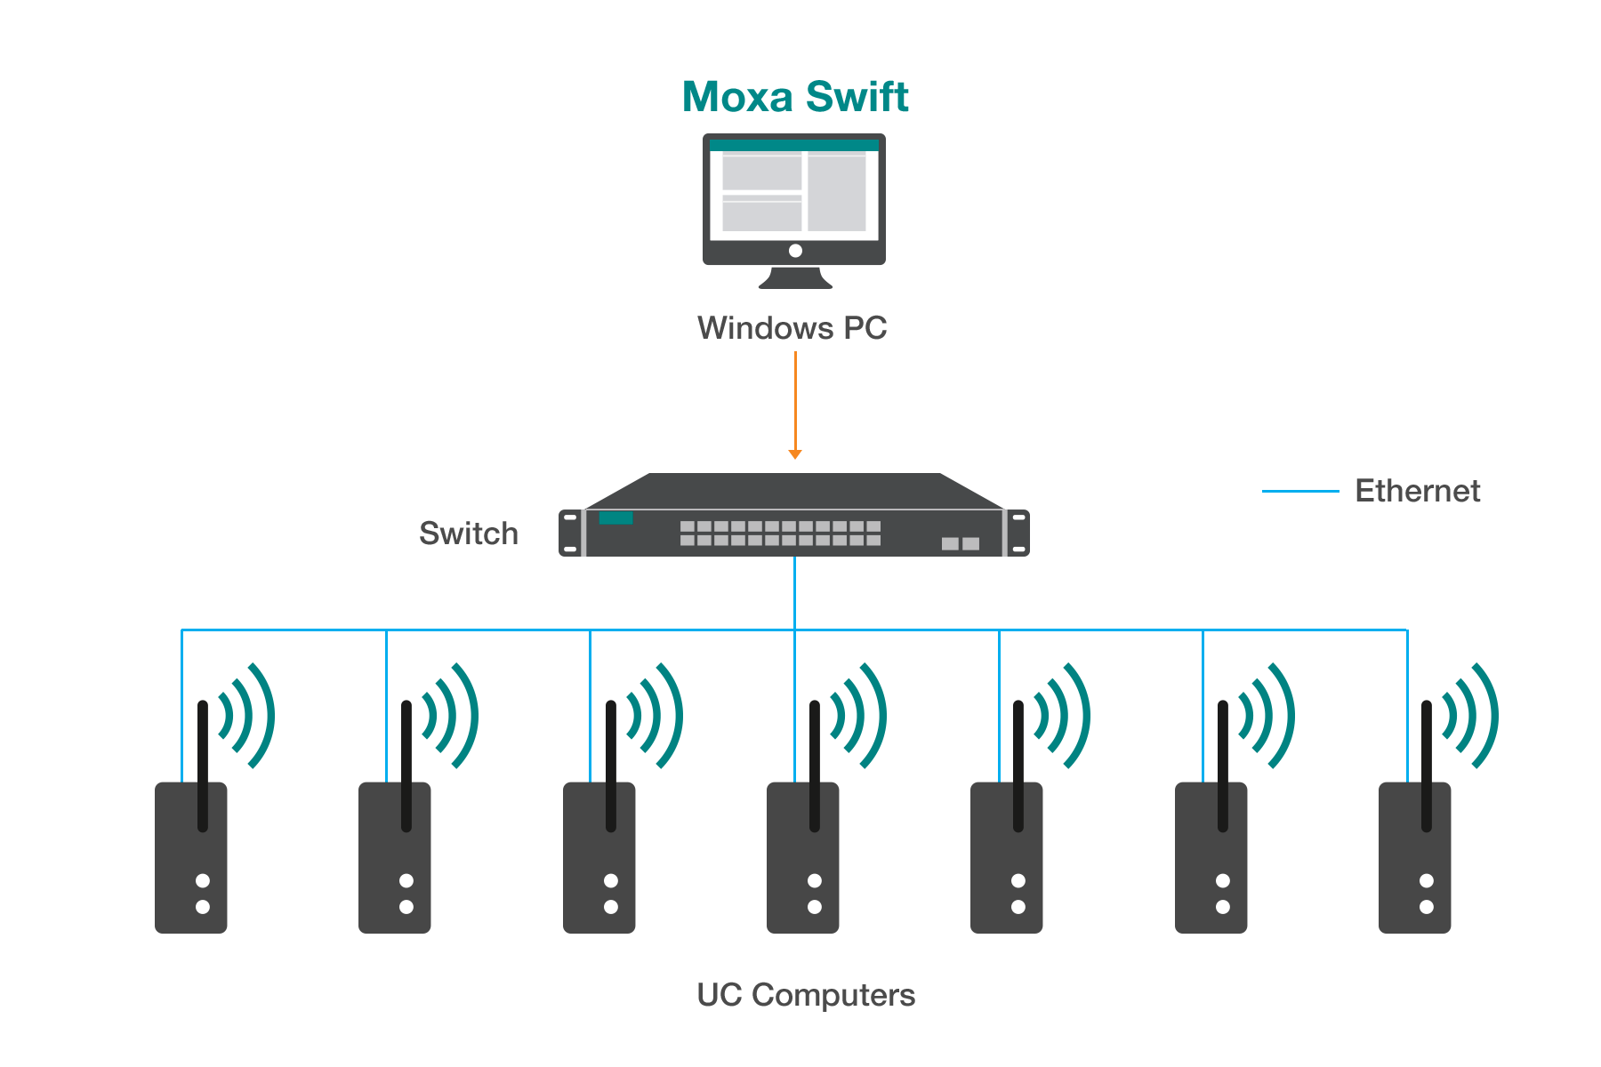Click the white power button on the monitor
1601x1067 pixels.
click(795, 251)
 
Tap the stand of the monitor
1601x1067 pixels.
click(795, 277)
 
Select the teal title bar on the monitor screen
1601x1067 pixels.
click(794, 146)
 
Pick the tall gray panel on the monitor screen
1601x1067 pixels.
click(837, 192)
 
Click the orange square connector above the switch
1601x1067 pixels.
click(795, 455)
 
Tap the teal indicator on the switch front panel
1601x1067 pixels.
click(615, 518)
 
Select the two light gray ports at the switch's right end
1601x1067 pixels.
click(961, 543)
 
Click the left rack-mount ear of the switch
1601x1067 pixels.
click(570, 533)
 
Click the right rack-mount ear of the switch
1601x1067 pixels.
click(1019, 533)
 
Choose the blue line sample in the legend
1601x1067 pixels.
click(1300, 491)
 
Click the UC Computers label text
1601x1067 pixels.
click(806, 995)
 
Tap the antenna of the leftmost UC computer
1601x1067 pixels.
click(203, 765)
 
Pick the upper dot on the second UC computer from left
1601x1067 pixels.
click(406, 880)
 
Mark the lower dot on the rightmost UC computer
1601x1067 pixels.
click(1427, 907)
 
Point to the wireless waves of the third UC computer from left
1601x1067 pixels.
click(654, 716)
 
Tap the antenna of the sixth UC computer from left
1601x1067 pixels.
click(1223, 765)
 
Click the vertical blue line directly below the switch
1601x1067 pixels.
click(795, 592)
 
